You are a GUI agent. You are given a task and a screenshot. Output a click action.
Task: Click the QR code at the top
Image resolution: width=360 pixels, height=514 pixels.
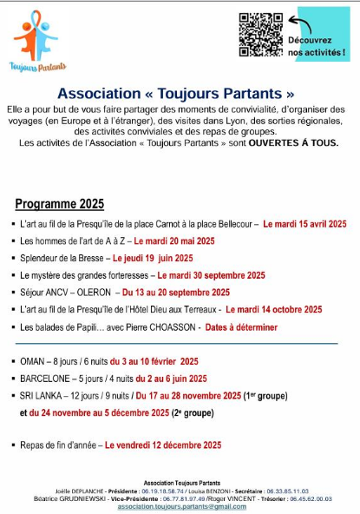click(260, 35)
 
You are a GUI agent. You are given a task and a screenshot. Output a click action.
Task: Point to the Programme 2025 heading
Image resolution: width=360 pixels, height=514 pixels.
click(60, 204)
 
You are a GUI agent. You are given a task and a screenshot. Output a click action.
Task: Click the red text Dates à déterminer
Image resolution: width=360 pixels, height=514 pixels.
click(242, 327)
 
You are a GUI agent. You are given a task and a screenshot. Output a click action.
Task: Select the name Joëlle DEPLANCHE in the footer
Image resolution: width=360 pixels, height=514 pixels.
click(76, 491)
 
